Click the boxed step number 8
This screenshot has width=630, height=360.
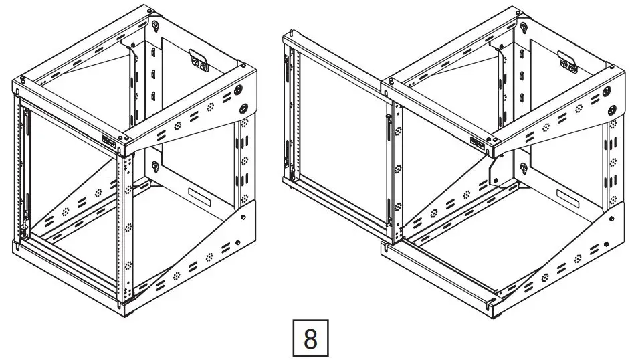[x=310, y=339]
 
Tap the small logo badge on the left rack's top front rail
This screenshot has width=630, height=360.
[x=110, y=140]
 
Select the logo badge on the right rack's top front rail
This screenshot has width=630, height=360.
[x=478, y=143]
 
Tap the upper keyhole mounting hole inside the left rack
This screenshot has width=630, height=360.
[x=154, y=26]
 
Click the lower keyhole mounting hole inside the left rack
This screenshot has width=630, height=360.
[x=154, y=167]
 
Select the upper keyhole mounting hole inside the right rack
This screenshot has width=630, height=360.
[x=524, y=27]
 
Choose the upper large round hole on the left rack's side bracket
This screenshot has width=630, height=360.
[x=239, y=90]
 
